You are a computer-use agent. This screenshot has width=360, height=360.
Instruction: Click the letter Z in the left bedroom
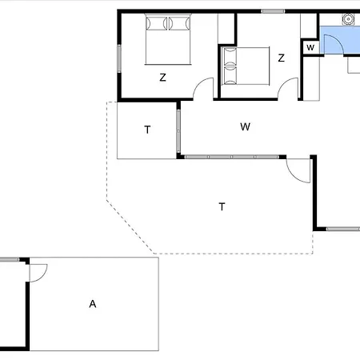162,78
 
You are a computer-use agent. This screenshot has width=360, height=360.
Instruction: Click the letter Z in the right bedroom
281,58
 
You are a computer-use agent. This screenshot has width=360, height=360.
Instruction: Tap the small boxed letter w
310,48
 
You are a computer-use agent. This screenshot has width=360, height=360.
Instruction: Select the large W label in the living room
245,126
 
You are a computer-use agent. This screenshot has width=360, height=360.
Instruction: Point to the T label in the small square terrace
147,130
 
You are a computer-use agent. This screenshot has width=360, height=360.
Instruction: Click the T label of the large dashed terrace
222,206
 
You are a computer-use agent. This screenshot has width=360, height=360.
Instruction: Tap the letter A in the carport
93,304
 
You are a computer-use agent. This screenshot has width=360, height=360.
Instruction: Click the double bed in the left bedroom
168,39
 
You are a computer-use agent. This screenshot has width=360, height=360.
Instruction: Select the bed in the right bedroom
246,66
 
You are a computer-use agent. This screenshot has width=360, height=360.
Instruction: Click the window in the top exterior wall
273,11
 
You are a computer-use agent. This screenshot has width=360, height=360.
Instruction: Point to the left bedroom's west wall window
119,58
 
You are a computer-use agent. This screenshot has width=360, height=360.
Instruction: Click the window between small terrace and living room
178,130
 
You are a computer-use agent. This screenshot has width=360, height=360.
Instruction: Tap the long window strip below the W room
232,157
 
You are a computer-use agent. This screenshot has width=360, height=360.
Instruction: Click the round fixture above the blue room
348,19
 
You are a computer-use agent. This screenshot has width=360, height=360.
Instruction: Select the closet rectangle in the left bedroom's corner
226,29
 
